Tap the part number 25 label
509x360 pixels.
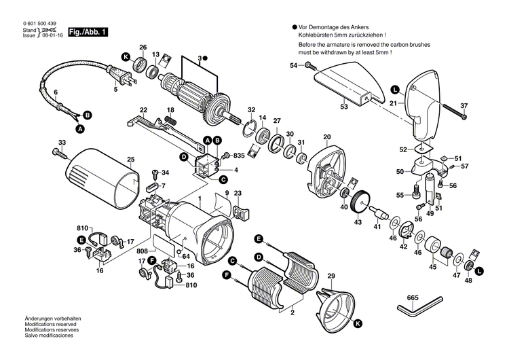131,160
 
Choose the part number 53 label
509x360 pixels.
343,107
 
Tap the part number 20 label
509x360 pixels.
326,137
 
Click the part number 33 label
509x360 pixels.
62,142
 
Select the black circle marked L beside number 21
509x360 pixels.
394,88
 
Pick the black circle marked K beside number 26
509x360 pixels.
126,56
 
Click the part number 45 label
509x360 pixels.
433,267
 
